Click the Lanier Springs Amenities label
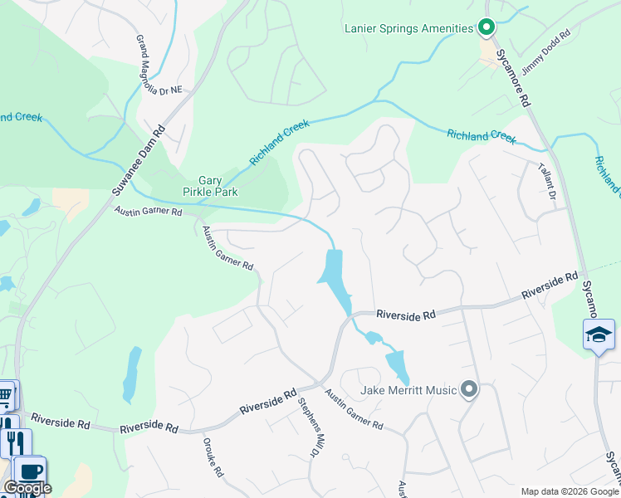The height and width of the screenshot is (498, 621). pyautogui.click(x=408, y=29)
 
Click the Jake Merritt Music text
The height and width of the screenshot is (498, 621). pyautogui.click(x=408, y=389)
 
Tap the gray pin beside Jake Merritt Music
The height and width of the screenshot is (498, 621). pyautogui.click(x=469, y=388)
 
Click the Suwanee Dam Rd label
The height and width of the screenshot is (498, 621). pyautogui.click(x=139, y=161)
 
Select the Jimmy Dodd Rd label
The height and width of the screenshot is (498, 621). pyautogui.click(x=546, y=52)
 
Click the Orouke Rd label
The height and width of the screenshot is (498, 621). pyautogui.click(x=213, y=456)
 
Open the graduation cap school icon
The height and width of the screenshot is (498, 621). pyautogui.click(x=599, y=334)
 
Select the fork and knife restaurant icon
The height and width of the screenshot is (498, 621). pyautogui.click(x=15, y=442)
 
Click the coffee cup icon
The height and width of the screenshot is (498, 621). pyautogui.click(x=31, y=470)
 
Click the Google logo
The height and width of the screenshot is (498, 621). pyautogui.click(x=27, y=488)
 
